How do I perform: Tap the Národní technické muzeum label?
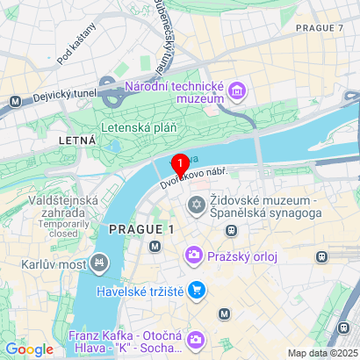176,93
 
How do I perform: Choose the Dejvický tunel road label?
61,101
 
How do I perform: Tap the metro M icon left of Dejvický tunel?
16,101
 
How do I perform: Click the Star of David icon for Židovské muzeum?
195,205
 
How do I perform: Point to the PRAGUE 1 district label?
137,229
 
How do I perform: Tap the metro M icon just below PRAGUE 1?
155,246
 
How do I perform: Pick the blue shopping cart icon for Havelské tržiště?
198,289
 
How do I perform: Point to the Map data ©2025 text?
324,353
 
